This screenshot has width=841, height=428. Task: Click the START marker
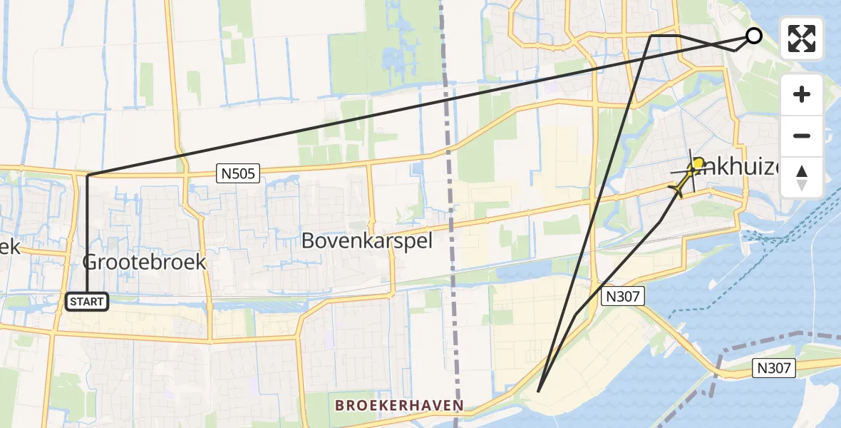coord(87,302)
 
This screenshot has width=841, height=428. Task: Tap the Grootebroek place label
coord(145,262)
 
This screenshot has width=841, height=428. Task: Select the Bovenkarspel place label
coord(367,240)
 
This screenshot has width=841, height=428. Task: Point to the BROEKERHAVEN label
coord(401,405)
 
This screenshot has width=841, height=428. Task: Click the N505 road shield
coord(237,173)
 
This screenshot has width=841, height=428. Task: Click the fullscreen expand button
coord(802,39)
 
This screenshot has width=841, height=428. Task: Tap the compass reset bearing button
coord(802,178)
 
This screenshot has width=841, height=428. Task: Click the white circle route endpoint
coord(753,36)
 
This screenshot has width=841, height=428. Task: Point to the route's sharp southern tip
coord(538,391)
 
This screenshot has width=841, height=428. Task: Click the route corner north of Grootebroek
coord(87,175)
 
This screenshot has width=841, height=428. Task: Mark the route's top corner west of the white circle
coord(651,35)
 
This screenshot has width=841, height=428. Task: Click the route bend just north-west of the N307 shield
coord(576,315)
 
